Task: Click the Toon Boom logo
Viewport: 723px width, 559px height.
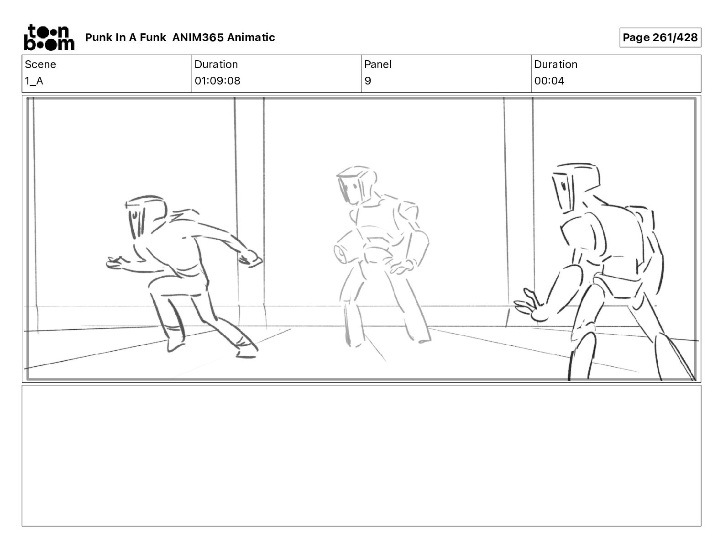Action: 49,37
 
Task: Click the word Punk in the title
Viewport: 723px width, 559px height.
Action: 99,37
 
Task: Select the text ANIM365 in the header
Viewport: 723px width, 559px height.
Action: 198,37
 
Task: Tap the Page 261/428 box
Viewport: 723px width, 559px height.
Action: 660,37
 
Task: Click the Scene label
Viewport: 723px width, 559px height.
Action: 40,64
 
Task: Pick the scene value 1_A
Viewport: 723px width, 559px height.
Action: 34,81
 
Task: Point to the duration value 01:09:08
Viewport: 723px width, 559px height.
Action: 217,81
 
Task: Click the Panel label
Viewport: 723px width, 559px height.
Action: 378,64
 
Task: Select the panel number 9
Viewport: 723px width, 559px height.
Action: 367,81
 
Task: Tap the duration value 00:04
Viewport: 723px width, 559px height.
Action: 549,81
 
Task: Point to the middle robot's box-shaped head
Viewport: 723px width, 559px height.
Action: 356,185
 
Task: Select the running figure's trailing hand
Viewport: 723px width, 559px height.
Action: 251,258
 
